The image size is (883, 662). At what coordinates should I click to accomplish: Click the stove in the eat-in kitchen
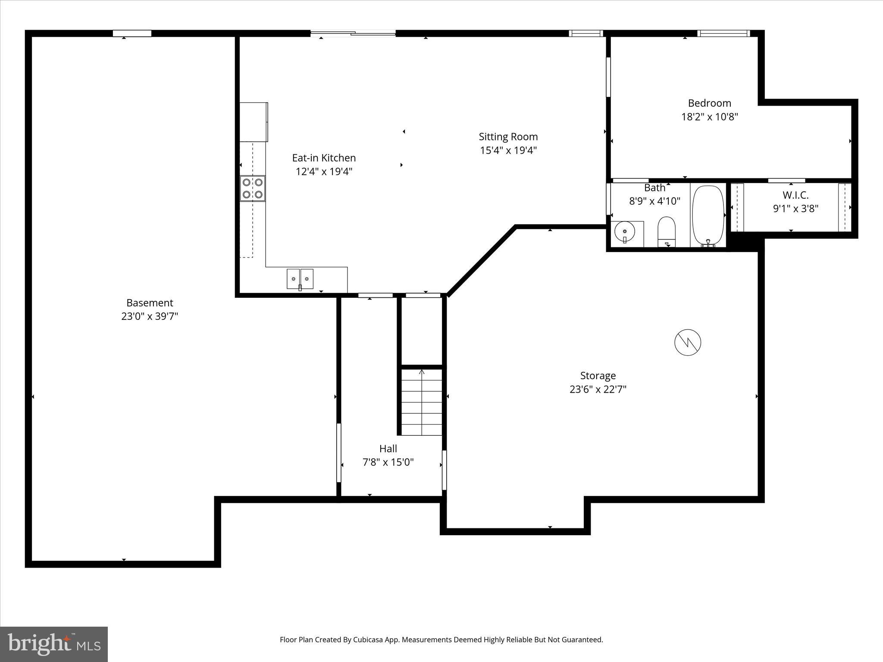tap(253, 188)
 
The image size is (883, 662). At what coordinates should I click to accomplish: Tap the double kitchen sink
tap(300, 279)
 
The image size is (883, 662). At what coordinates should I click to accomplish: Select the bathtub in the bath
tap(708, 215)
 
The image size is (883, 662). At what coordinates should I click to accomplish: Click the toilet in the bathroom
tap(667, 231)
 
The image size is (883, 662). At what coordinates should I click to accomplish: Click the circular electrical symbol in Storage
tap(688, 343)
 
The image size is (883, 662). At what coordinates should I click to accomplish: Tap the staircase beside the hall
tap(422, 402)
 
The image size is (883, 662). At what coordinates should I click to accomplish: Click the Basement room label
tap(150, 303)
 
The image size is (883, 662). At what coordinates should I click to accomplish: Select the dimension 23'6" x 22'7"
tap(598, 389)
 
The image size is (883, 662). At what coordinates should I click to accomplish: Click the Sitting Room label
tap(508, 137)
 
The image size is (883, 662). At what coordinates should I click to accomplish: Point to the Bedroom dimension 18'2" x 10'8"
tap(709, 117)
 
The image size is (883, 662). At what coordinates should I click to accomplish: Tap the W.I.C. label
tap(795, 195)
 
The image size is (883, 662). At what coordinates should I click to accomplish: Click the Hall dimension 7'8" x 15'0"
tap(388, 462)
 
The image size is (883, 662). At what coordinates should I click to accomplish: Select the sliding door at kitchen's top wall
tap(353, 33)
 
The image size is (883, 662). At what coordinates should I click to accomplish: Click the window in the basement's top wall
tap(132, 33)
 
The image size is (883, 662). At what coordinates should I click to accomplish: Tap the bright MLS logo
tap(54, 644)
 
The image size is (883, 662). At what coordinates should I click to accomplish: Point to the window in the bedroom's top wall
tap(723, 33)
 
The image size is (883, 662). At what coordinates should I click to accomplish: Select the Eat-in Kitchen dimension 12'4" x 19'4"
tap(324, 172)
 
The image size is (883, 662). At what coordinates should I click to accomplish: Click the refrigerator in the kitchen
tap(254, 122)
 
